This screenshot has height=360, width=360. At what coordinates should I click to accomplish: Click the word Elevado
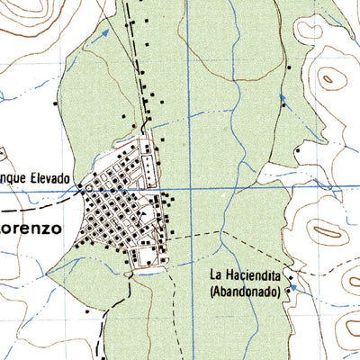tap(49, 178)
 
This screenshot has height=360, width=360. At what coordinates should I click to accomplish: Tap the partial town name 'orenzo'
tap(31, 229)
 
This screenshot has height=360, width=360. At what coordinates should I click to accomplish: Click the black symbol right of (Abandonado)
tap(289, 291)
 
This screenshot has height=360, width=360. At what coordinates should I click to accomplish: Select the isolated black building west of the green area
tap(56, 103)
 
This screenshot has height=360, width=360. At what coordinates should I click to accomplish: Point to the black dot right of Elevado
tap(79, 187)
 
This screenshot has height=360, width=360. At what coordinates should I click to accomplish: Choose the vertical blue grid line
tap(188, 90)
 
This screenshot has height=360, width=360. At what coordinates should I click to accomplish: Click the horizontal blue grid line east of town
tap(270, 188)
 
